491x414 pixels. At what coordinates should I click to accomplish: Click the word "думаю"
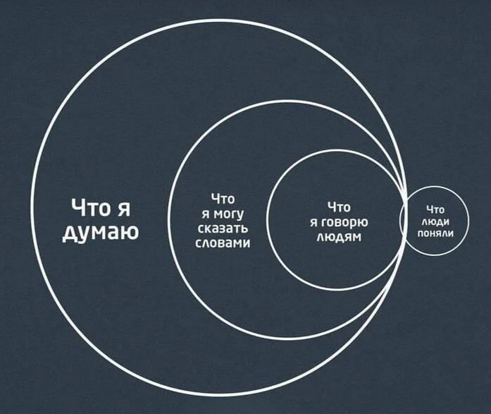(100, 232)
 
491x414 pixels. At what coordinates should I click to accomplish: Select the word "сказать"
(222, 228)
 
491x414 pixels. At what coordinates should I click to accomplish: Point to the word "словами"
(222, 242)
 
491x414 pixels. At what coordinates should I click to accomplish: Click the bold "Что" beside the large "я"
(89, 208)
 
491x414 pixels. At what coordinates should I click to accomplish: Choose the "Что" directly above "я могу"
(222, 200)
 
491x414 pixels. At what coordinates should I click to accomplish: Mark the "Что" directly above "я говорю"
(339, 207)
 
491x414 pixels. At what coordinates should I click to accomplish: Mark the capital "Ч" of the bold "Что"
(77, 208)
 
